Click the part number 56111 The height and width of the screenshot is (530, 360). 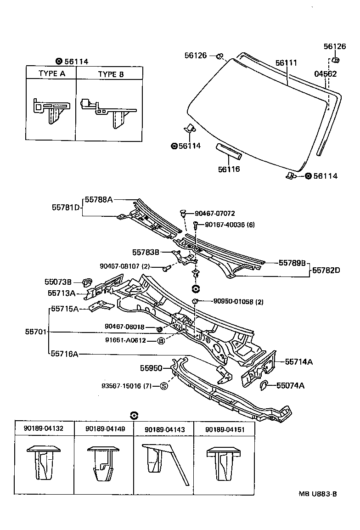pos(286,63)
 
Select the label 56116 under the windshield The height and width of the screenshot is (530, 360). pos(229,169)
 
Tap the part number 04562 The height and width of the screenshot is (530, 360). pos(325,73)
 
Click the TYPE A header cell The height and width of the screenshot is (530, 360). pos(51,73)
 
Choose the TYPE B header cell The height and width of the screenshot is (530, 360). pos(111,73)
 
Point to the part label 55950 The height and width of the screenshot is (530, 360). pos(151,368)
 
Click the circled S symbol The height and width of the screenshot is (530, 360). pos(164,386)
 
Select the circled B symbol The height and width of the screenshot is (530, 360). pos(161,340)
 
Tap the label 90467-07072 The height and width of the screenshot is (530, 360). pos(214,214)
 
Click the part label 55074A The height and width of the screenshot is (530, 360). pos(290,385)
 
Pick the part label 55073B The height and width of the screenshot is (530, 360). pos(58,282)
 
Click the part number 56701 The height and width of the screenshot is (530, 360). pos(36,331)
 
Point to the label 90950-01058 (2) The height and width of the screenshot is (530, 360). pos(238,301)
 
